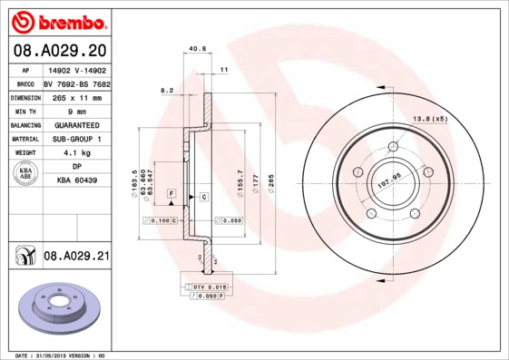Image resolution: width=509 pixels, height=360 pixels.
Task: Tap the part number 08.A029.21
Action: tap(76, 257)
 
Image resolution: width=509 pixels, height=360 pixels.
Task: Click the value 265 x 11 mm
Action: tap(75, 96)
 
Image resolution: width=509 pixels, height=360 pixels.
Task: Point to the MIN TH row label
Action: tap(24, 110)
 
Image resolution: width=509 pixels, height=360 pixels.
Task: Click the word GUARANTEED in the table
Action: tap(75, 124)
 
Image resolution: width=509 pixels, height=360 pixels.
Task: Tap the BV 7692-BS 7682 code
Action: tap(75, 83)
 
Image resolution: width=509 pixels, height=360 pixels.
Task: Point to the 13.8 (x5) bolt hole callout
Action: tap(431, 120)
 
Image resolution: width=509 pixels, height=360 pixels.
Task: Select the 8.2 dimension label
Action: tap(166, 91)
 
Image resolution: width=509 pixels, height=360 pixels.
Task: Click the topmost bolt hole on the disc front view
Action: tap(394, 147)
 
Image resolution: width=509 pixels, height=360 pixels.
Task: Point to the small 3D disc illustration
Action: tap(56, 308)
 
